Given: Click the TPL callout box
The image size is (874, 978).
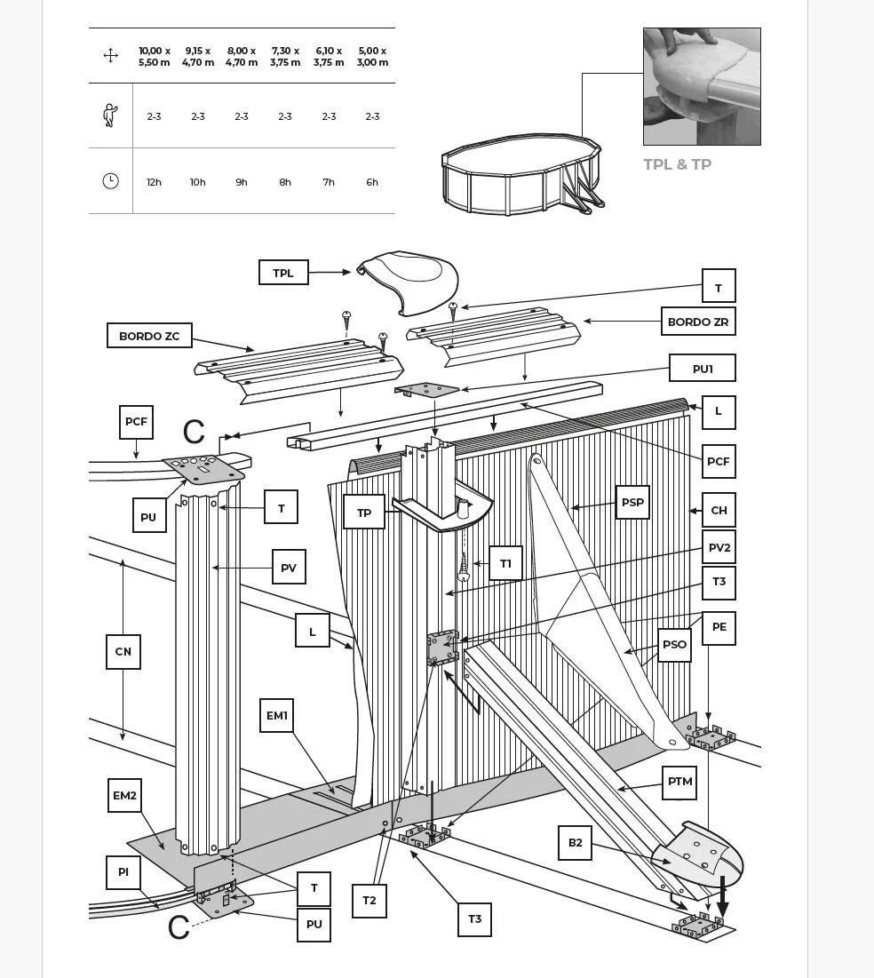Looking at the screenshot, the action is [283, 273].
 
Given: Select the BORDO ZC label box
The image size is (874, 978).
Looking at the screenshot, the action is [149, 336].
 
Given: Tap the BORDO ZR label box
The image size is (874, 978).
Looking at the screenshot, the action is [698, 322].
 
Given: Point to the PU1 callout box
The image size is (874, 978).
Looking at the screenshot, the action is [703, 368].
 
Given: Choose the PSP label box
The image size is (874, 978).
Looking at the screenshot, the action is [632, 503].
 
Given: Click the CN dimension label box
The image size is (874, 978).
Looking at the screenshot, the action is [123, 652].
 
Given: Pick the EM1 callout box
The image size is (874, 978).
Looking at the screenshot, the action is [276, 715].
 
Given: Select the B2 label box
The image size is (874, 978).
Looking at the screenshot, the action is [576, 843].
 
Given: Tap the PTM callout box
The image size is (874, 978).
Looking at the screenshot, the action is [679, 783].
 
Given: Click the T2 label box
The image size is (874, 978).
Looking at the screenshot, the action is [369, 901].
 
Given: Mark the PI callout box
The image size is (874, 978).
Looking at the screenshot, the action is [123, 872].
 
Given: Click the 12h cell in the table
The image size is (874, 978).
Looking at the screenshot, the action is [154, 182].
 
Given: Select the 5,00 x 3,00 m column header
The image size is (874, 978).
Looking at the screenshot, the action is [372, 56].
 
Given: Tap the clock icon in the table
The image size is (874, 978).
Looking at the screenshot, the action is [110, 181].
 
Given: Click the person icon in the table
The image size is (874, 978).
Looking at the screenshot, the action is [110, 115].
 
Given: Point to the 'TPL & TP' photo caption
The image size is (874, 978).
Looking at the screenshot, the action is [678, 164].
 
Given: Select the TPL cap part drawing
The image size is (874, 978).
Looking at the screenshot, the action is [408, 282].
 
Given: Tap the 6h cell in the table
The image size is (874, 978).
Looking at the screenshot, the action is [372, 182].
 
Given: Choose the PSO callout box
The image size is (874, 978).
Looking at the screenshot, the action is [674, 644].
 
